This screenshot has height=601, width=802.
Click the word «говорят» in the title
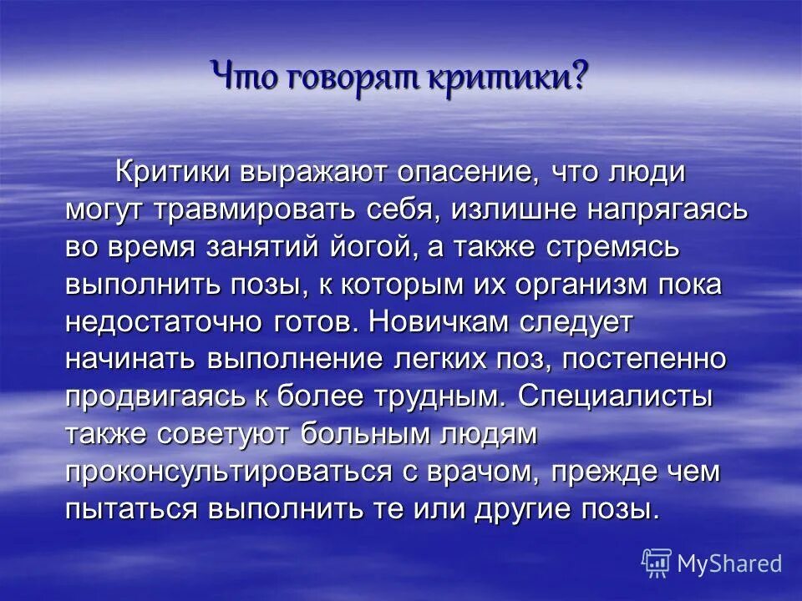[354, 76]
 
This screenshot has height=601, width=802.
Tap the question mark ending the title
[579, 76]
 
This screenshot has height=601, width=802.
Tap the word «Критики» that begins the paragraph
[188, 173]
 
